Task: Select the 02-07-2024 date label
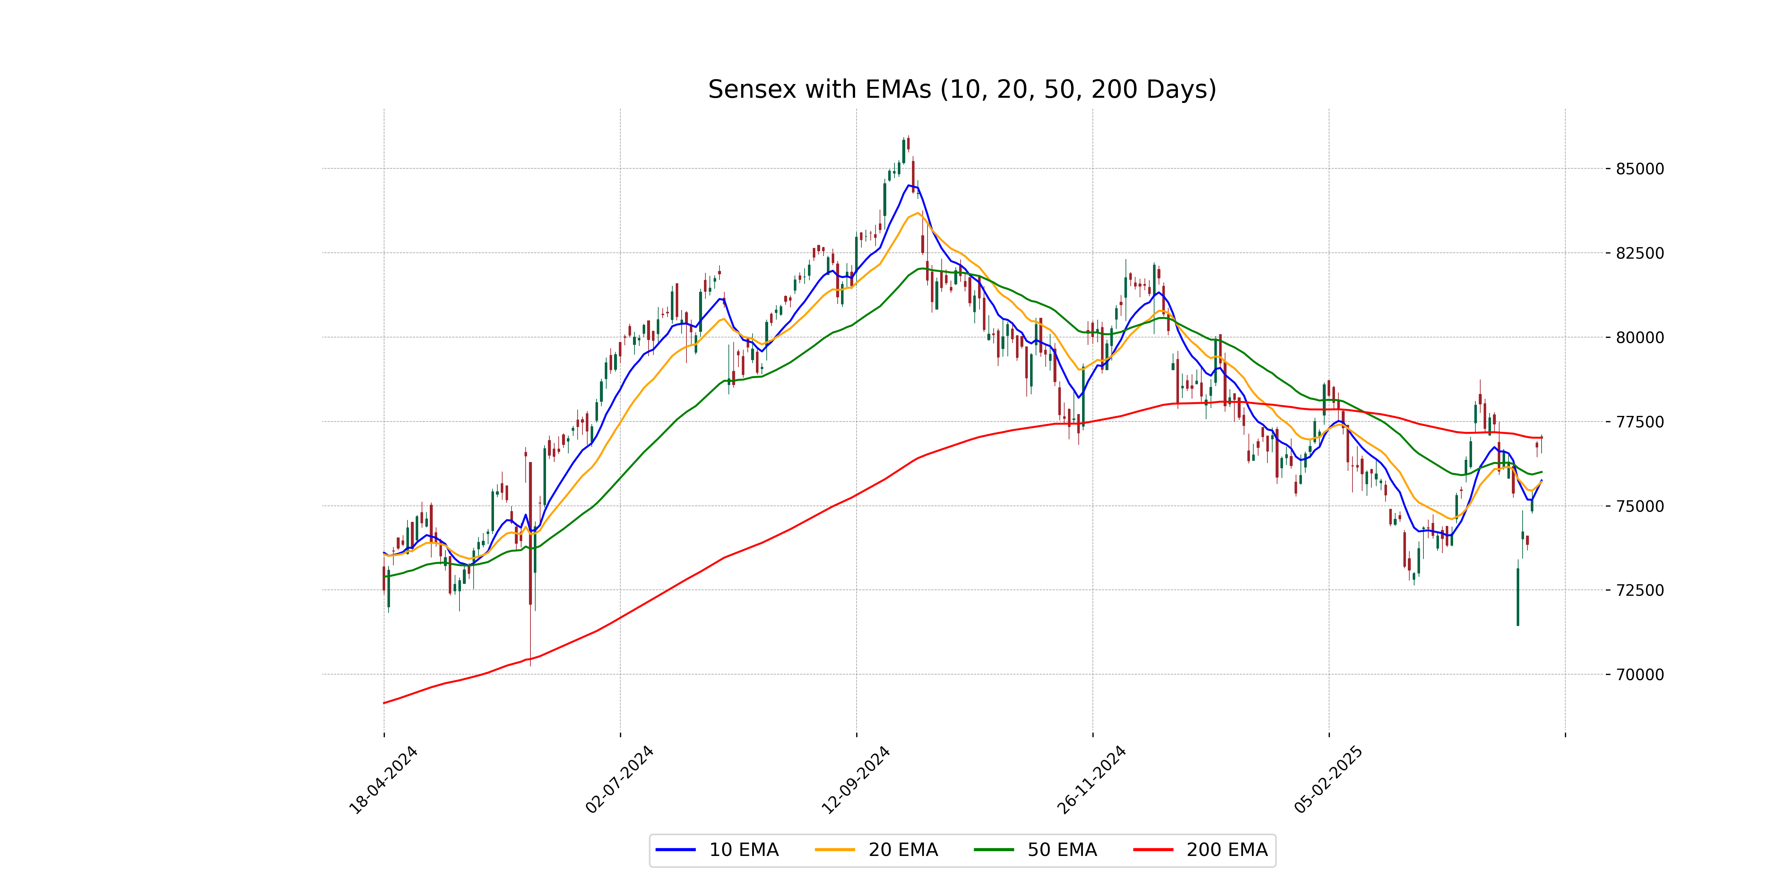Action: point(620,780)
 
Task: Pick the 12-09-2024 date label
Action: point(855,780)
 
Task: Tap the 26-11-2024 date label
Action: point(1092,780)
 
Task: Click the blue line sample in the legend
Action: point(676,850)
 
